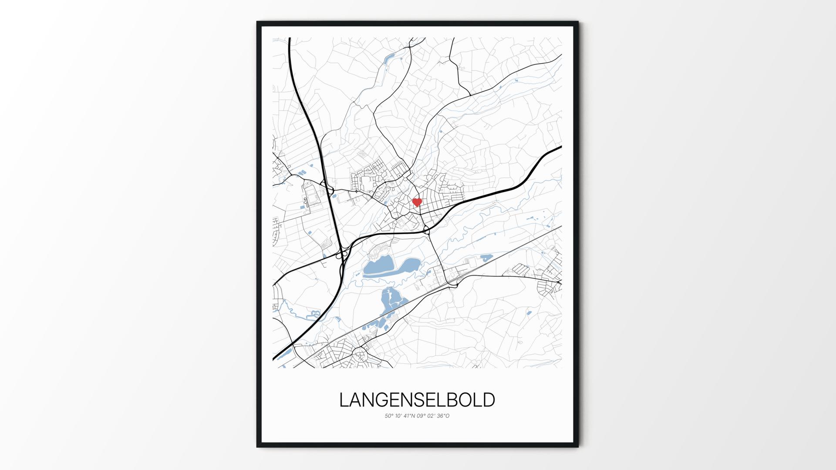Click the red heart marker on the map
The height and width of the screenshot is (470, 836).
417,202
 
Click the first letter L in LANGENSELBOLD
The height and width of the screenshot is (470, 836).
344,400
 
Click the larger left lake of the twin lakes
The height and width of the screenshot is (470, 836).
378,266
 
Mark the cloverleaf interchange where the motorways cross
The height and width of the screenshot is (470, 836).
343,254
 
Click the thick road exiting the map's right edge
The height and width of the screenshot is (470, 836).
553,151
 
